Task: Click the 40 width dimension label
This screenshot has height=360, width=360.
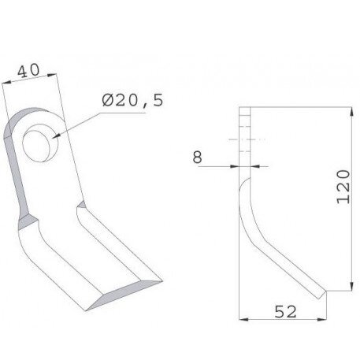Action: coord(28,71)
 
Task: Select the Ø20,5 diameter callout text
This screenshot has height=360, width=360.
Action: coord(132,100)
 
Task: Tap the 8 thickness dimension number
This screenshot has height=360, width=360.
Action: coord(197,157)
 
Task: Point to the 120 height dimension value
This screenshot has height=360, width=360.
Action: coord(343,187)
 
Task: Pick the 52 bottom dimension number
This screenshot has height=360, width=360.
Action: coord(285,312)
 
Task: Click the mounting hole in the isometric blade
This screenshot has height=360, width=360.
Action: coord(39,143)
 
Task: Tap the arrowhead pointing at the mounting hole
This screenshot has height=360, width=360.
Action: coord(56,136)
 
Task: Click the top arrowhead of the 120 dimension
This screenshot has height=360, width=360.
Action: coord(351,112)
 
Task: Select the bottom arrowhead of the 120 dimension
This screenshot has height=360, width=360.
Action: coord(351,286)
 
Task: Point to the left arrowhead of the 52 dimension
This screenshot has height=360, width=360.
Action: coord(243,319)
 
